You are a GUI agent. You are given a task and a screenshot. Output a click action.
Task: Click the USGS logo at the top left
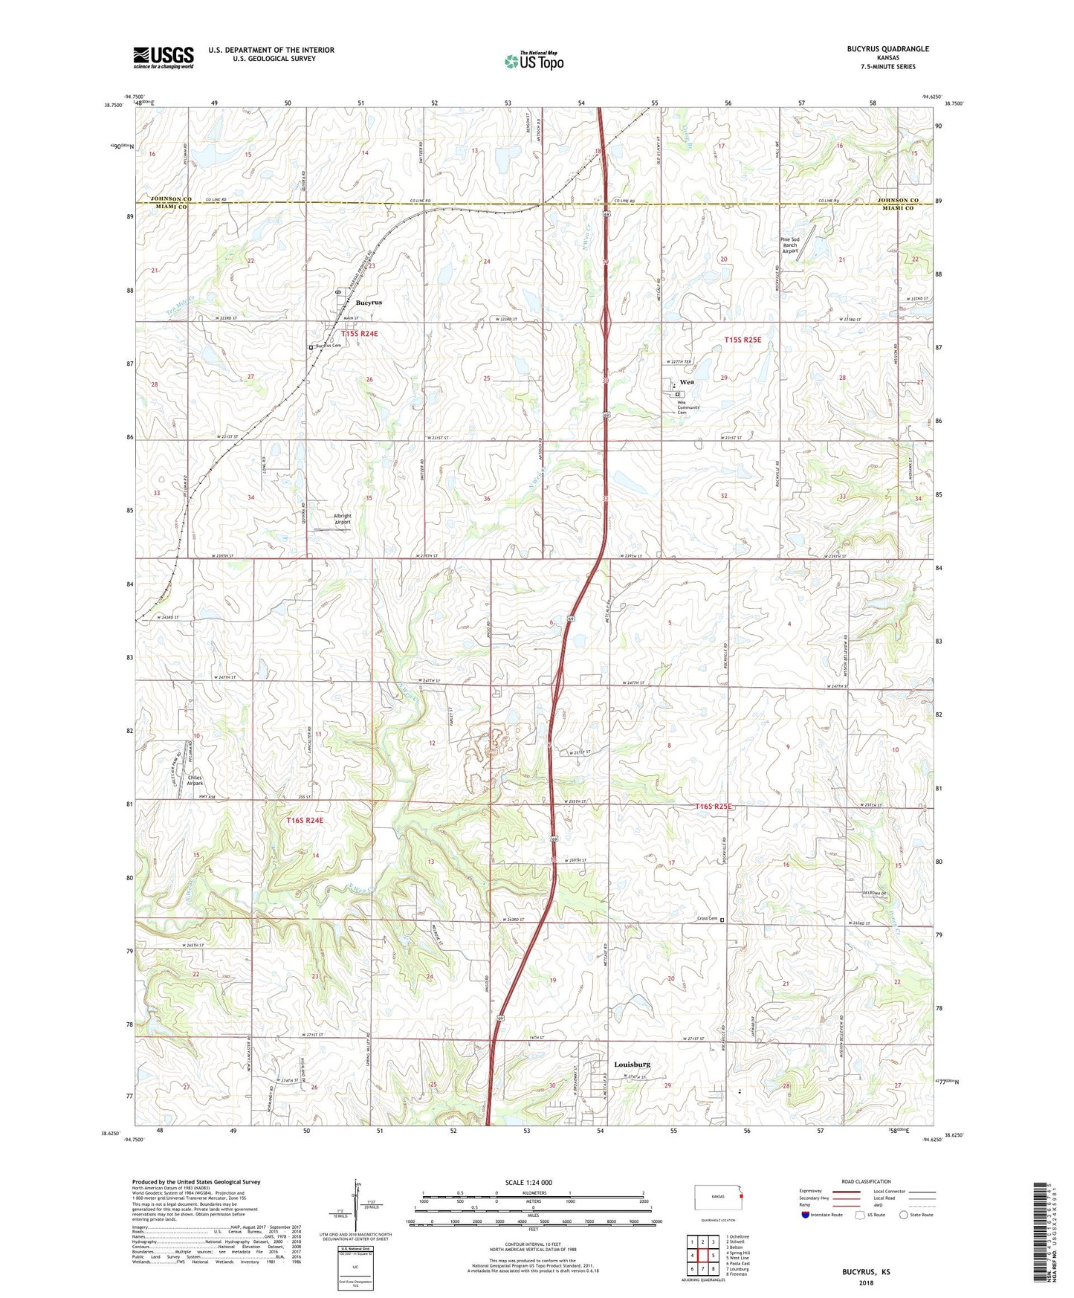click(163, 57)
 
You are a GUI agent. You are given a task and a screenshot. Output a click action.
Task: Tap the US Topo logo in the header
click(533, 61)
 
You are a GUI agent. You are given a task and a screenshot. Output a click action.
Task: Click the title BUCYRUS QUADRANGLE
click(887, 49)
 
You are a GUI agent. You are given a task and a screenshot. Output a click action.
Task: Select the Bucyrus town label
click(369, 303)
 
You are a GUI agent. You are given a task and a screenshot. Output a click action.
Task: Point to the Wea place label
click(687, 382)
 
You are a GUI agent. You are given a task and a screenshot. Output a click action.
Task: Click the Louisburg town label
click(632, 1065)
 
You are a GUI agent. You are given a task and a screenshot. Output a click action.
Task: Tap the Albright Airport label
click(342, 519)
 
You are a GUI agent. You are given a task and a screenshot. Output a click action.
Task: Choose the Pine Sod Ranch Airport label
click(789, 245)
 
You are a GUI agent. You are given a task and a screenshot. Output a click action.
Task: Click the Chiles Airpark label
click(194, 781)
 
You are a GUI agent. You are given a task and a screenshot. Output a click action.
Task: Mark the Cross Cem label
click(707, 919)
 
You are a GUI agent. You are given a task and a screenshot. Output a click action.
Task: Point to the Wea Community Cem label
click(688, 407)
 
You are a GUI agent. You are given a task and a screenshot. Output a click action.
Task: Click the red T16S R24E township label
click(305, 821)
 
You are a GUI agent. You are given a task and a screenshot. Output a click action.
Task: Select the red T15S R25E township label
click(743, 340)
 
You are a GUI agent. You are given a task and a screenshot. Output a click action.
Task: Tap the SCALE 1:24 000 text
click(528, 1182)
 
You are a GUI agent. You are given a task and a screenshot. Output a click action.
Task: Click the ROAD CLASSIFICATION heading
click(866, 1181)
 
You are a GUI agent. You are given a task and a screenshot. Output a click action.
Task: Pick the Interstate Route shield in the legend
click(806, 1215)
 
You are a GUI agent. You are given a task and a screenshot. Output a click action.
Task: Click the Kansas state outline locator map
click(717, 1198)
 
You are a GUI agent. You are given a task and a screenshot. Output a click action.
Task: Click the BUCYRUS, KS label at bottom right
click(866, 1272)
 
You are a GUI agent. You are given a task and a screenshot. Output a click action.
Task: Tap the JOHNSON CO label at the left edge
click(171, 199)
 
